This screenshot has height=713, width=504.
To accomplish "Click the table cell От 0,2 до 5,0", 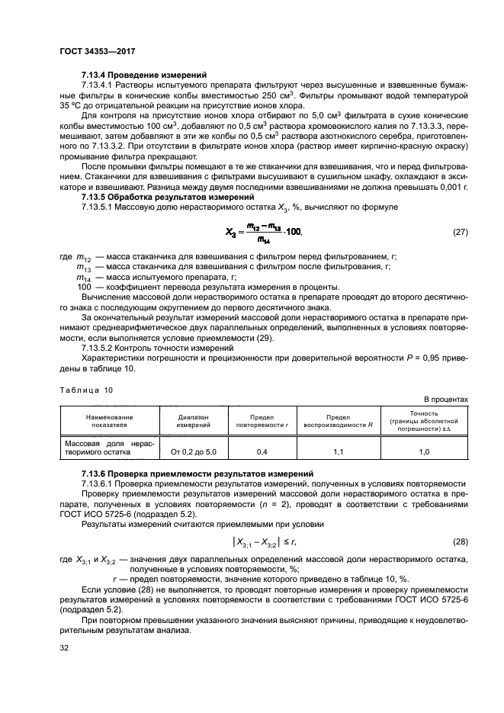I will tap(194, 452).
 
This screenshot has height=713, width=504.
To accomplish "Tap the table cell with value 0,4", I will tap(262, 452).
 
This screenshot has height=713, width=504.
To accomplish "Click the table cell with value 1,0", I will tap(424, 452).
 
